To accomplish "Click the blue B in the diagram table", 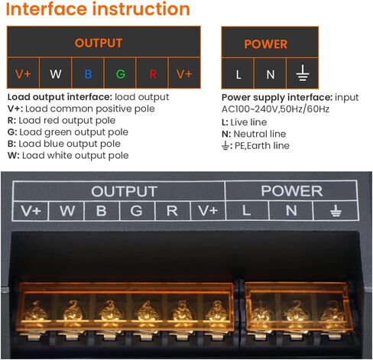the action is click(x=88, y=74).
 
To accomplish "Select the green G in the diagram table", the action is click(x=121, y=74).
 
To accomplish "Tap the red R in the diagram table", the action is click(x=153, y=74).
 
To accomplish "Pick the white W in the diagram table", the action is click(x=56, y=74).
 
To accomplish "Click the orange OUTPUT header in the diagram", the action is click(x=99, y=43).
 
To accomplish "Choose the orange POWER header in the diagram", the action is click(x=266, y=44).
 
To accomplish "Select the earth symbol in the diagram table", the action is click(x=303, y=73).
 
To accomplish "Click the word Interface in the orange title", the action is click(x=47, y=9).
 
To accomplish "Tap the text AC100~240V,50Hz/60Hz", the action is click(x=275, y=109).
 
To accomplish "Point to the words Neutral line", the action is click(x=260, y=134).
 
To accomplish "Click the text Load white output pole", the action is click(x=76, y=155).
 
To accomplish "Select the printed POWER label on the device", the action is click(x=292, y=191).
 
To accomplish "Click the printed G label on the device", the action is click(x=136, y=211).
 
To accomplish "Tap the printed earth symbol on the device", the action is click(x=336, y=211).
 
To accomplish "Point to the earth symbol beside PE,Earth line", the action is click(x=225, y=146).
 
